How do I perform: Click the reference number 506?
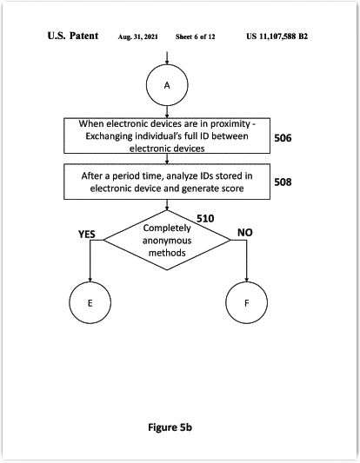point(283,138)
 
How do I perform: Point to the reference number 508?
point(283,182)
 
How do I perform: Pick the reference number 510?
point(205,219)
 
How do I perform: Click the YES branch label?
point(87,235)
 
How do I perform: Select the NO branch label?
point(245,233)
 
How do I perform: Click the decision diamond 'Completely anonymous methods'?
point(167,240)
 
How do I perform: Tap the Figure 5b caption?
point(170,427)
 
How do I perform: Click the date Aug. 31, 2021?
point(137,36)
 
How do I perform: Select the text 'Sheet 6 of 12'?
point(196,36)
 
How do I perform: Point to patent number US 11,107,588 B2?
point(277,36)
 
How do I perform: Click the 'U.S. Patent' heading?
point(73,36)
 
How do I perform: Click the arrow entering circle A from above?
point(167,58)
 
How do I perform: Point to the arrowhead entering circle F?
point(246,280)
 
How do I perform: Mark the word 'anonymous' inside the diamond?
point(167,241)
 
